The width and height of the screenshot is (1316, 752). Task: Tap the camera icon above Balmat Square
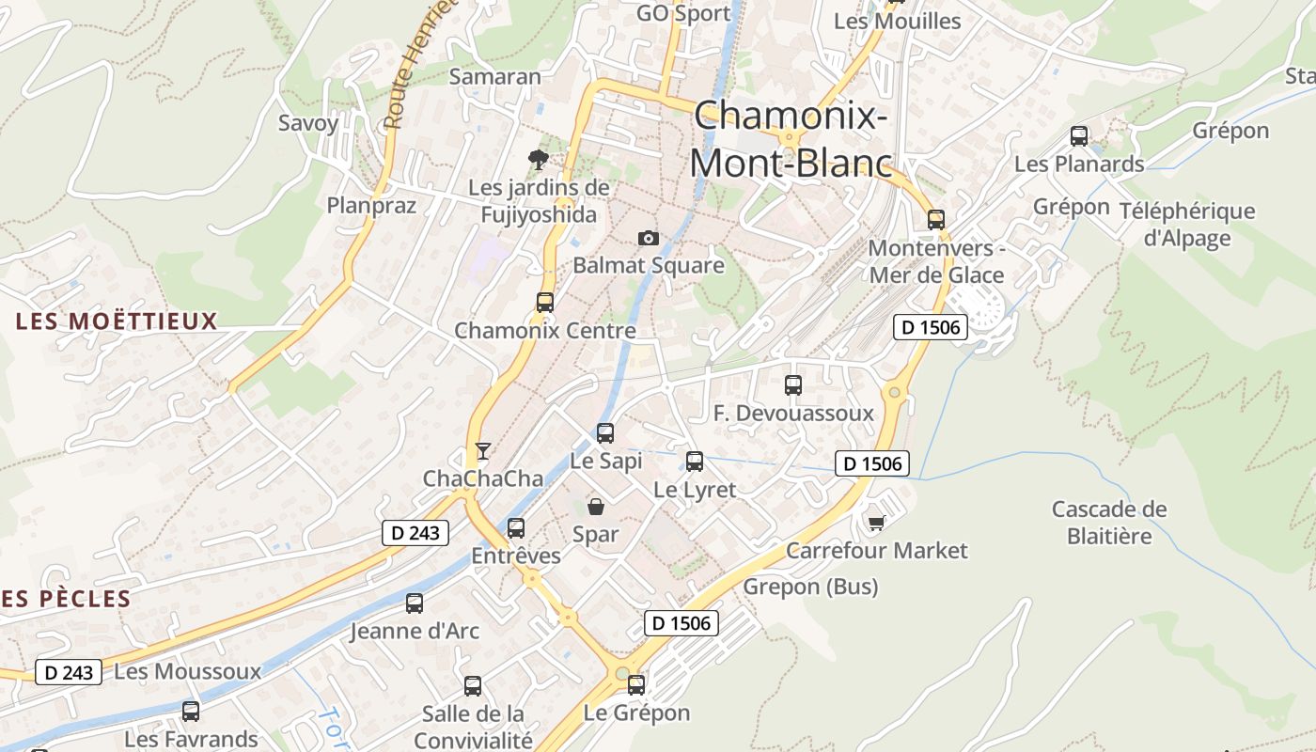point(649,238)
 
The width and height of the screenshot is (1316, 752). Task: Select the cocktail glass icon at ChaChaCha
point(482,451)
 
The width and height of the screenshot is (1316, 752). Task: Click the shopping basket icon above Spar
point(596,508)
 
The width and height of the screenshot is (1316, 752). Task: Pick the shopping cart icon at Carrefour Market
point(877,523)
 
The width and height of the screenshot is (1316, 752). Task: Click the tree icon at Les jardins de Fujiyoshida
point(538,159)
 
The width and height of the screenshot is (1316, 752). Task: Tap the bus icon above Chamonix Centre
point(545,303)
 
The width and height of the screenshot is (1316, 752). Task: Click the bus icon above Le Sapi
point(605,433)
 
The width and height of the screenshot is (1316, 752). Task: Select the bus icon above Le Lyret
point(695,462)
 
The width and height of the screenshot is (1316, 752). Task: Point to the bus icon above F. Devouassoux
point(793,385)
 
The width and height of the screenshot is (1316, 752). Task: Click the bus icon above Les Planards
point(1079,136)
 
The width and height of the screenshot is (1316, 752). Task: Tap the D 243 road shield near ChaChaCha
point(415,533)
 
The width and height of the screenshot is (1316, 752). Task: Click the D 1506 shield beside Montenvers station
point(930,327)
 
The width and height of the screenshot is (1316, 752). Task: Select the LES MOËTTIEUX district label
point(117,321)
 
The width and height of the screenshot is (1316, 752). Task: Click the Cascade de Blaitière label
point(1108,523)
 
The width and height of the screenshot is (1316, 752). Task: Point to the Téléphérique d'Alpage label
point(1187,225)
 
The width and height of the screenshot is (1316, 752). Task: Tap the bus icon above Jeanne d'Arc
point(415,603)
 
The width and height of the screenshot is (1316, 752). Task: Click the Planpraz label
point(371,205)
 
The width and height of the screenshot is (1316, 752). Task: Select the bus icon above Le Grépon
point(636,685)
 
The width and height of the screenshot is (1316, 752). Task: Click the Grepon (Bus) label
point(810,587)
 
